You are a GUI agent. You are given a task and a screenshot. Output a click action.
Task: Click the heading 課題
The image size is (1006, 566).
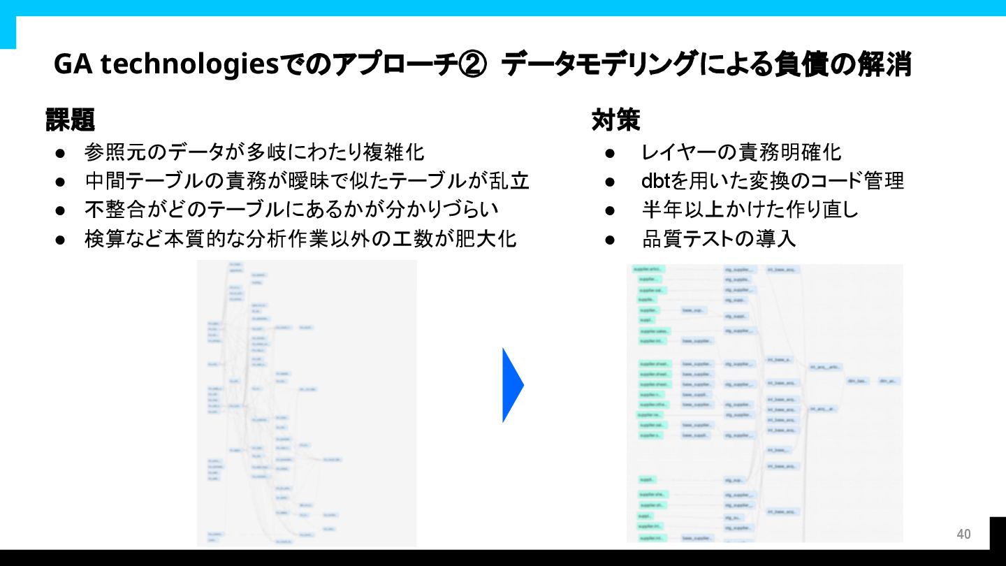pos(70,120)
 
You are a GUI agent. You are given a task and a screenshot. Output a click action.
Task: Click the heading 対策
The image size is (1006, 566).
pos(615,120)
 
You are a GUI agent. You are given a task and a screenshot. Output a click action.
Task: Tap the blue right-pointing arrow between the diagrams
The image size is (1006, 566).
pos(513,385)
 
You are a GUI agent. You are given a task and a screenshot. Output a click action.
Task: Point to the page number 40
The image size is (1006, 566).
pos(963,535)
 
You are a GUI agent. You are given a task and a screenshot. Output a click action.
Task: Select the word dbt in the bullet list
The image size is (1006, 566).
pos(656,181)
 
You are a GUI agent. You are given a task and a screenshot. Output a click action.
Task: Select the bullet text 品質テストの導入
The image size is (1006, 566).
pos(719,239)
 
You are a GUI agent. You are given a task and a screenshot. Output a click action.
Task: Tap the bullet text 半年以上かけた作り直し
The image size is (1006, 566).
pos(750,210)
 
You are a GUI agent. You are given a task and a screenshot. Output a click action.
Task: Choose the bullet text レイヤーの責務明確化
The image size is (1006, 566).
pos(741,152)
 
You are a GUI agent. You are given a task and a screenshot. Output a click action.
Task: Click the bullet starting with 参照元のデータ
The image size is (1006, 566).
pos(254,152)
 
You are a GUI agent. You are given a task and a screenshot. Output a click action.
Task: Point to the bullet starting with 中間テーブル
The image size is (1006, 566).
pos(307,181)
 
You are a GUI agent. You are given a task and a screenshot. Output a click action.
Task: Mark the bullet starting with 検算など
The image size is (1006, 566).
pos(300,239)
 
